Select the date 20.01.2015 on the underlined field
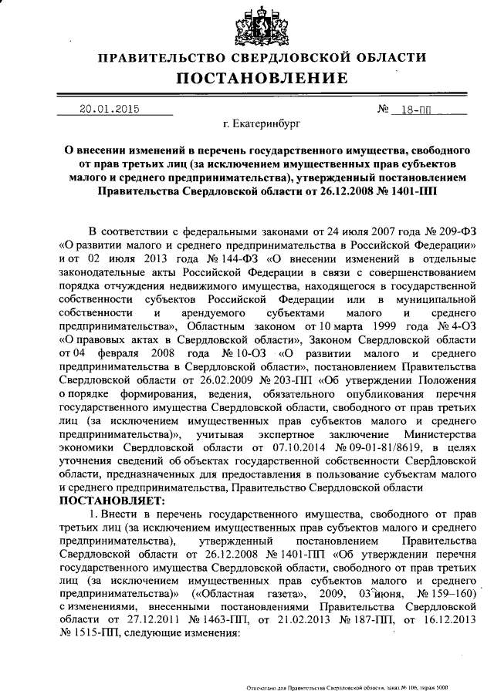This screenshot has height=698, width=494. [109, 109]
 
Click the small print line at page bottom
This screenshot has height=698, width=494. [348, 687]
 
